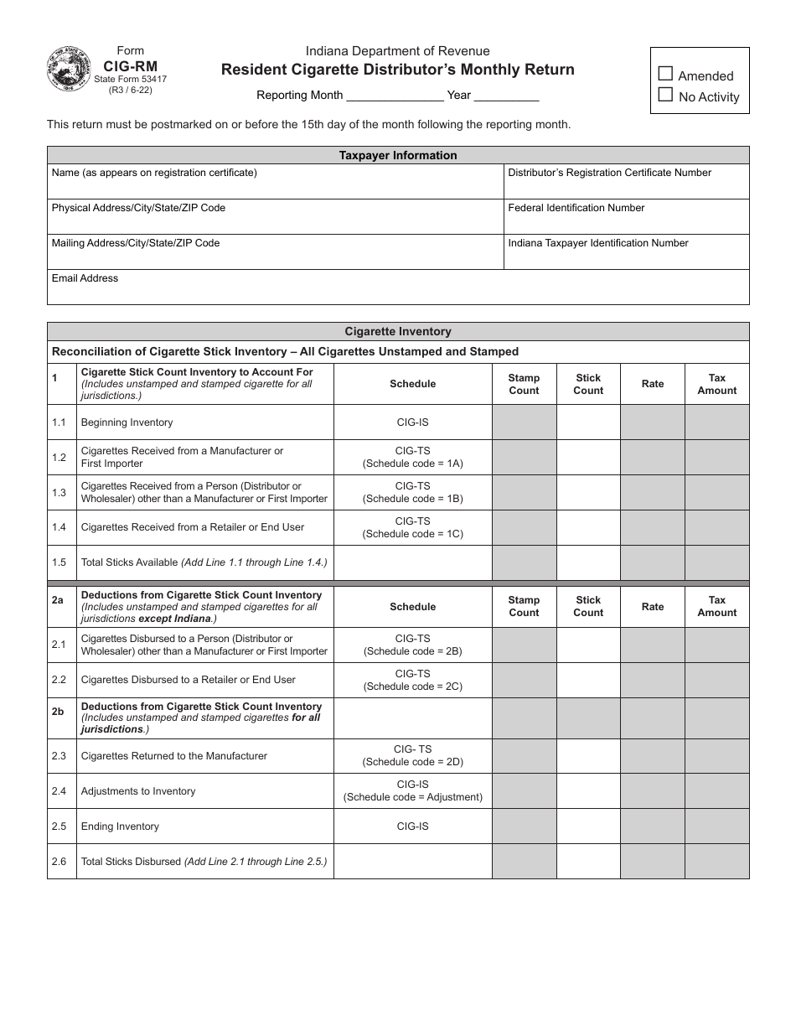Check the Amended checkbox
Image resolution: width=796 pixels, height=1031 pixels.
tap(666, 75)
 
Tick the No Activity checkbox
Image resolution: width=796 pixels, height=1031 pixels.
tap(666, 96)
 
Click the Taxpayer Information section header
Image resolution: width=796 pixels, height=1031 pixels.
tap(398, 155)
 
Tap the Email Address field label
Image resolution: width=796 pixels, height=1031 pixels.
tap(85, 278)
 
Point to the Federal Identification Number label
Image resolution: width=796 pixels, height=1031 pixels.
tap(576, 208)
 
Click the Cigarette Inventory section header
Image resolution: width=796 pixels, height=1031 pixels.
tap(398, 331)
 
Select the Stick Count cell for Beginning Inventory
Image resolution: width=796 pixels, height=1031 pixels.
tap(588, 422)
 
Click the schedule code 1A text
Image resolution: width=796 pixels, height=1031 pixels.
tap(412, 464)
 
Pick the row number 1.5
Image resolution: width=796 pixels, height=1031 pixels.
tap(59, 562)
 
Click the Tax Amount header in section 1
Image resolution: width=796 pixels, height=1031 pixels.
tap(717, 384)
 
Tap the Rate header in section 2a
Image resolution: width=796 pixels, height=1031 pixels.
tap(653, 606)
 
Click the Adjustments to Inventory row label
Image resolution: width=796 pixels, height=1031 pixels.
tap(138, 791)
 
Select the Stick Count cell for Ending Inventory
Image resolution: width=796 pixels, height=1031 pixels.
tap(588, 826)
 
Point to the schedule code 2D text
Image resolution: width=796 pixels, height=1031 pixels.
tap(412, 762)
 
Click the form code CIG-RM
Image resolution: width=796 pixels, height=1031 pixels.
tap(130, 65)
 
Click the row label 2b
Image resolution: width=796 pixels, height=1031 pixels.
tap(57, 712)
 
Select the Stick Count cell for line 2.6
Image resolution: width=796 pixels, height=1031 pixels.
tap(588, 862)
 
